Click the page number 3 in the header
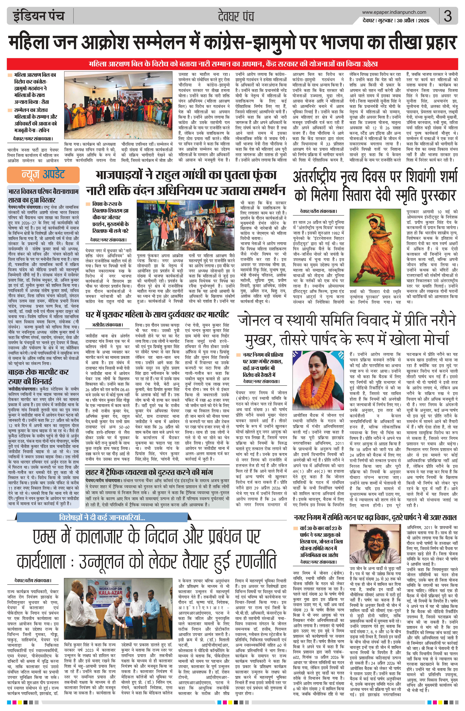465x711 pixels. [x=447, y=16]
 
